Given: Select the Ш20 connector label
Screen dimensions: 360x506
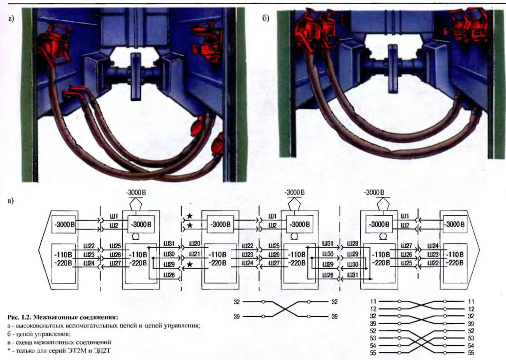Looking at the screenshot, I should coord(195,244).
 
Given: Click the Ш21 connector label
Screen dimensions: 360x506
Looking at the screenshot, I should coord(195,254).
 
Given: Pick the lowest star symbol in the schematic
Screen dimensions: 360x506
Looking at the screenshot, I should coord(190,265).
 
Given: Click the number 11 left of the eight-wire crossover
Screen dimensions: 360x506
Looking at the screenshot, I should coord(373,302).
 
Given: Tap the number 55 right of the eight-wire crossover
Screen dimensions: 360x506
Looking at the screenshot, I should coord(471,352).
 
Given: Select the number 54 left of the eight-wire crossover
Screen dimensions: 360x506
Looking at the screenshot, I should coord(373,345).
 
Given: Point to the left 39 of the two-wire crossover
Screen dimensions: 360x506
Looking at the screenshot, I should coord(237,317).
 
